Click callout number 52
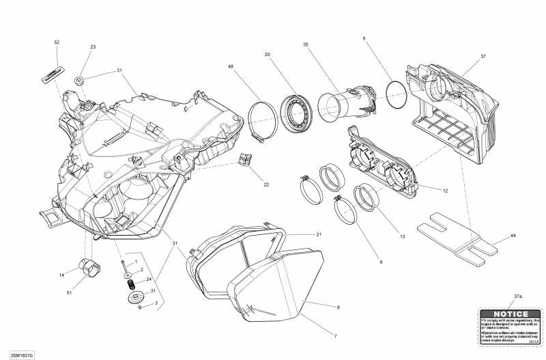(57, 42)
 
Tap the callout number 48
(231, 66)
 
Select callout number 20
(268, 55)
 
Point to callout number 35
(306, 44)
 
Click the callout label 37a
(517, 296)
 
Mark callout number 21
(318, 234)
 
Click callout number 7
(335, 335)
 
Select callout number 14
(61, 275)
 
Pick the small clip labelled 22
(245, 160)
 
